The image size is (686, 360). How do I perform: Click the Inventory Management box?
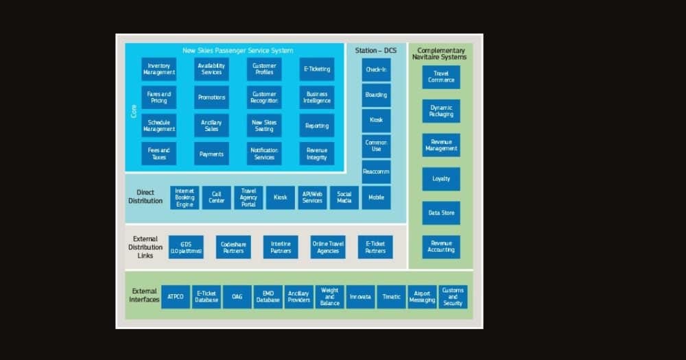pos(158,69)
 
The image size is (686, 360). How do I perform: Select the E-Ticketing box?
pos(317,69)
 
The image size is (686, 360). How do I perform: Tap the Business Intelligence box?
pos(317,97)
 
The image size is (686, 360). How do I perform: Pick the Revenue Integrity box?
pos(317,154)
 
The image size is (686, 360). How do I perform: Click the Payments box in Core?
pos(211,154)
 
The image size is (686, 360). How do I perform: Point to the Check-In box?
pos(376,69)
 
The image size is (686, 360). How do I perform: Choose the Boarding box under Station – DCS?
pos(376,95)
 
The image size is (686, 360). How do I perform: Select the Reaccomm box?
pos(376,171)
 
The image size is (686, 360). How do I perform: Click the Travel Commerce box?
pos(441,77)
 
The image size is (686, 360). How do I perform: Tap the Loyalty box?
pos(441,179)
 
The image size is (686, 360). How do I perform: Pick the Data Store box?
pos(441,213)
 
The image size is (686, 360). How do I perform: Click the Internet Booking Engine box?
pos(185,197)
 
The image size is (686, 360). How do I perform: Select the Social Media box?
pos(344,197)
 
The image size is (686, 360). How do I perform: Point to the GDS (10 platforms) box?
pos(186,248)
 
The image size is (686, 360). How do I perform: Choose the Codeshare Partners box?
pos(234,248)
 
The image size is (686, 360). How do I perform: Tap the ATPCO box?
pos(176,297)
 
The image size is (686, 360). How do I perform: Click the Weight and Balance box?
pos(329,297)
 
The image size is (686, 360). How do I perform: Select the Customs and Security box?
pos(453,297)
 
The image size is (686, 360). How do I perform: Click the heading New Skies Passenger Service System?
pos(237,51)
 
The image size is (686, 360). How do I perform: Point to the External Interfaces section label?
pos(144,296)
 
